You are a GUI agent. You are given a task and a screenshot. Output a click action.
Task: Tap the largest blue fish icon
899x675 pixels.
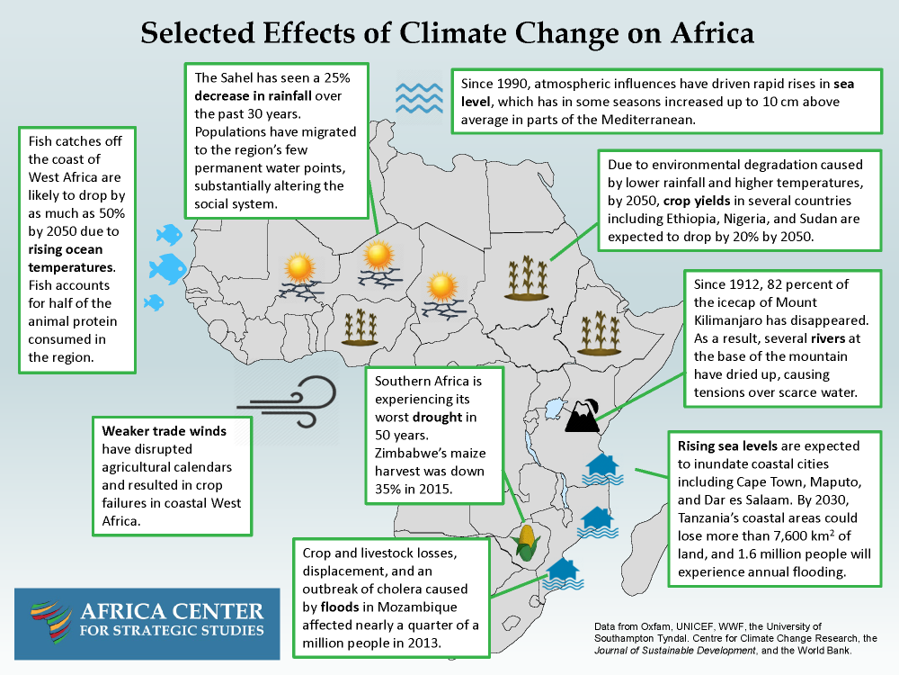167,267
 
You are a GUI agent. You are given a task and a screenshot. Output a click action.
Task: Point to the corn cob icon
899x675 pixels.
527,540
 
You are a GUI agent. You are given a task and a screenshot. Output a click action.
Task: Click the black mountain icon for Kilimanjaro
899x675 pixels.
582,416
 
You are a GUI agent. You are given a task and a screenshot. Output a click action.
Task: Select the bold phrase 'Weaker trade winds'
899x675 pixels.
164,432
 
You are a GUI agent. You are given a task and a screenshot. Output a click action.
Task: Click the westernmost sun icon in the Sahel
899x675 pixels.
298,267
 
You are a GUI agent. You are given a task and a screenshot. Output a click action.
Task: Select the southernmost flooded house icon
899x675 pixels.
563,571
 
